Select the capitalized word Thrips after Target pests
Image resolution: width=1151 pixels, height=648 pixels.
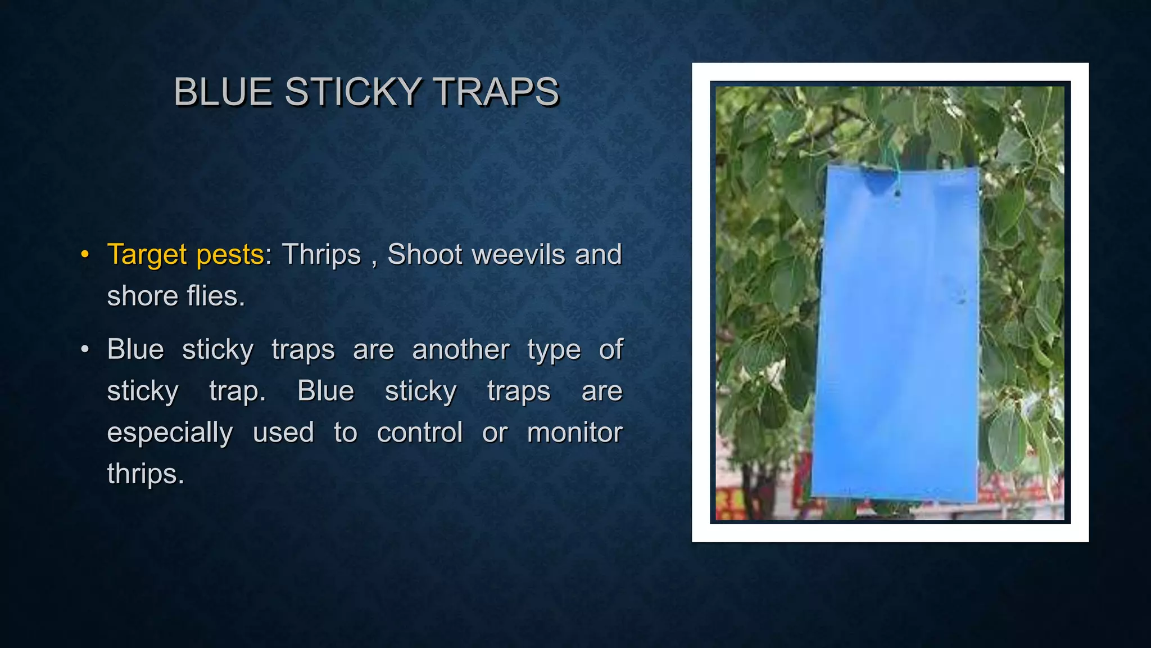(x=321, y=254)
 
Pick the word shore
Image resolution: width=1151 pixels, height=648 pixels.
(x=142, y=296)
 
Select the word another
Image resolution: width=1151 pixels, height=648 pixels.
(x=460, y=349)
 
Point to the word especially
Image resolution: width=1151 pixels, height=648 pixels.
(x=170, y=433)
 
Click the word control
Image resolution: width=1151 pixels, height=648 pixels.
(x=419, y=433)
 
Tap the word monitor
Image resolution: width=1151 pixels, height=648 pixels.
(x=574, y=433)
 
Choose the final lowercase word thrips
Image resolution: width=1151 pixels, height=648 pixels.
(x=146, y=474)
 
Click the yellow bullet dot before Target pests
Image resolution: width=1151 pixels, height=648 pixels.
(x=85, y=254)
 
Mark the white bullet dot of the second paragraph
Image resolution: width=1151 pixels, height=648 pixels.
(x=85, y=349)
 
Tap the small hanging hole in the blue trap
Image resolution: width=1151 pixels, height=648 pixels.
(x=897, y=193)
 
